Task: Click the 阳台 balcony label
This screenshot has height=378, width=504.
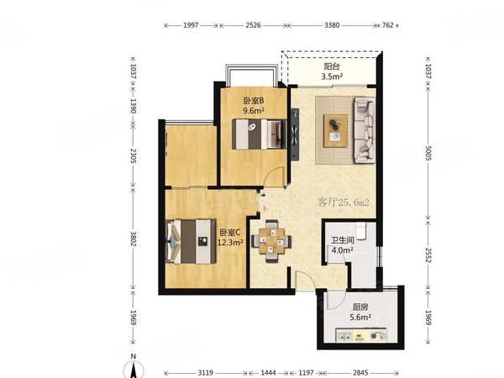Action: pyautogui.click(x=332, y=66)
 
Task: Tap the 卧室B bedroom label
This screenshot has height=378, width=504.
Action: pyautogui.click(x=254, y=101)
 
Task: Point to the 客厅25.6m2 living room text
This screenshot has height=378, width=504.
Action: pyautogui.click(x=343, y=202)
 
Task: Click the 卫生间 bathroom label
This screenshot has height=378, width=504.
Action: pyautogui.click(x=343, y=240)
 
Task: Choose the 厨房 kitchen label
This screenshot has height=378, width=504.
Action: pyautogui.click(x=360, y=307)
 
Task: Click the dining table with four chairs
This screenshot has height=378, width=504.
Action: pyautogui.click(x=271, y=241)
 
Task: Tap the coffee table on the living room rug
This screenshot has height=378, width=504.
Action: pyautogui.click(x=335, y=130)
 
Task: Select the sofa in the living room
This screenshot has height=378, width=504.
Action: pyautogui.click(x=365, y=130)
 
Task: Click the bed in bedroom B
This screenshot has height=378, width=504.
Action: pyautogui.click(x=259, y=134)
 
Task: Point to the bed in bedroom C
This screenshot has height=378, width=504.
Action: pyautogui.click(x=191, y=241)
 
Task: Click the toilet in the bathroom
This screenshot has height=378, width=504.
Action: pyautogui.click(x=362, y=231)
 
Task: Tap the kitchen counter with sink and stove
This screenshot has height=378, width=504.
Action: pyautogui.click(x=361, y=335)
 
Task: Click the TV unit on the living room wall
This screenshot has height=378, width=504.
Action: pyautogui.click(x=295, y=134)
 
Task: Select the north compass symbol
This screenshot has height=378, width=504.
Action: pyautogui.click(x=134, y=367)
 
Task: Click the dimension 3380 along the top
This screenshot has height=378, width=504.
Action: pyautogui.click(x=332, y=25)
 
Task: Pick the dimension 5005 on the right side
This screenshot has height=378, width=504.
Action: pyautogui.click(x=428, y=153)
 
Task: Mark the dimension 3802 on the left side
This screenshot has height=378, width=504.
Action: pyautogui.click(x=134, y=239)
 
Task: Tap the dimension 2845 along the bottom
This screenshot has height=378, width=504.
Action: pyautogui.click(x=360, y=372)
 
